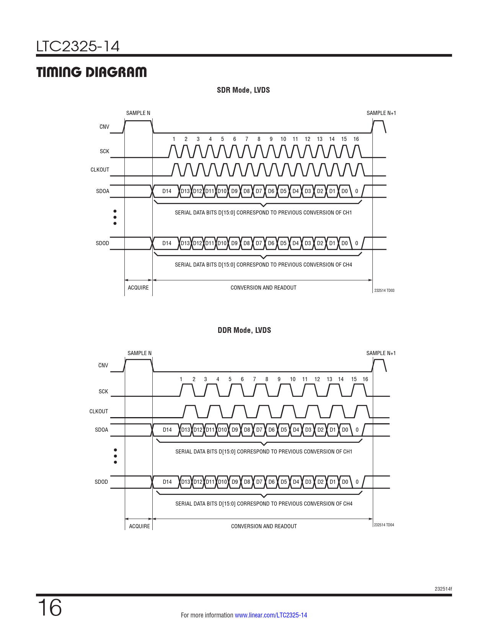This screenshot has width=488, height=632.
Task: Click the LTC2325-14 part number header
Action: pyautogui.click(x=78, y=46)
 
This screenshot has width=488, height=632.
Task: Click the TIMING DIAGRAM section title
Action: pyautogui.click(x=91, y=72)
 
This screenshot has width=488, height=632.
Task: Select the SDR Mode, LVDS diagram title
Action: pyautogui.click(x=243, y=90)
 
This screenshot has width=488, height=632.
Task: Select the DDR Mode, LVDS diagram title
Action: pyautogui.click(x=244, y=331)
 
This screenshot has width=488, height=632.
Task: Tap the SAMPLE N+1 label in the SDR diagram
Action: pyautogui.click(x=381, y=113)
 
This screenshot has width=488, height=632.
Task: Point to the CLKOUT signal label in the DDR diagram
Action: pyautogui.click(x=98, y=411)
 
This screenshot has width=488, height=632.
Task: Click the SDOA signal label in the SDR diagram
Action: pyautogui.click(x=103, y=191)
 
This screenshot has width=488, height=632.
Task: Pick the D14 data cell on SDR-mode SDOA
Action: pyautogui.click(x=166, y=191)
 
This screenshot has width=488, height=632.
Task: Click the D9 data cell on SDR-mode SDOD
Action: pyautogui.click(x=234, y=243)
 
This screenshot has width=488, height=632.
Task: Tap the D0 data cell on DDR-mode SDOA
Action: pyautogui.click(x=345, y=430)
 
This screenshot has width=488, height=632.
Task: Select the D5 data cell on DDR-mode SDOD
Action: pyautogui.click(x=284, y=482)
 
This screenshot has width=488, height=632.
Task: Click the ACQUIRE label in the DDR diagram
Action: pyautogui.click(x=139, y=526)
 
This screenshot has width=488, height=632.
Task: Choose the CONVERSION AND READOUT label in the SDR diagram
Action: pyautogui.click(x=263, y=288)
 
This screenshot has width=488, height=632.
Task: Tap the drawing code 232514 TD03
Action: pyautogui.click(x=384, y=291)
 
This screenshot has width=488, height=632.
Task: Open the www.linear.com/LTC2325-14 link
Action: pyautogui.click(x=271, y=615)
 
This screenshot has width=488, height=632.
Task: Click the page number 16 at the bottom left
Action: pyautogui.click(x=50, y=608)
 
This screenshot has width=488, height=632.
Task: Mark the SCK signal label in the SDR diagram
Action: pyautogui.click(x=104, y=151)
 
